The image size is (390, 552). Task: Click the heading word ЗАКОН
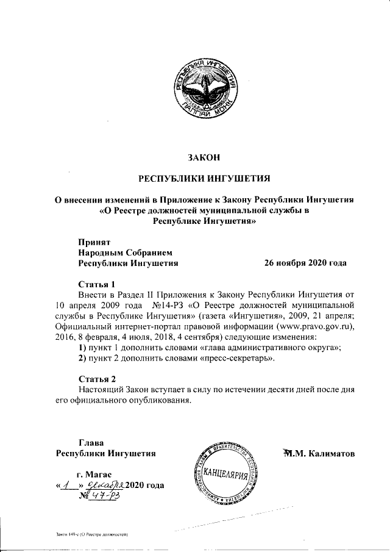click(204, 157)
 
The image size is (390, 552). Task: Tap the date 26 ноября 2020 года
click(305, 263)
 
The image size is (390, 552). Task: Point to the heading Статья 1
click(97, 284)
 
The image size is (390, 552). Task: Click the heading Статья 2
click(97, 378)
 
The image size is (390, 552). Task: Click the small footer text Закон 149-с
click(91, 534)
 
